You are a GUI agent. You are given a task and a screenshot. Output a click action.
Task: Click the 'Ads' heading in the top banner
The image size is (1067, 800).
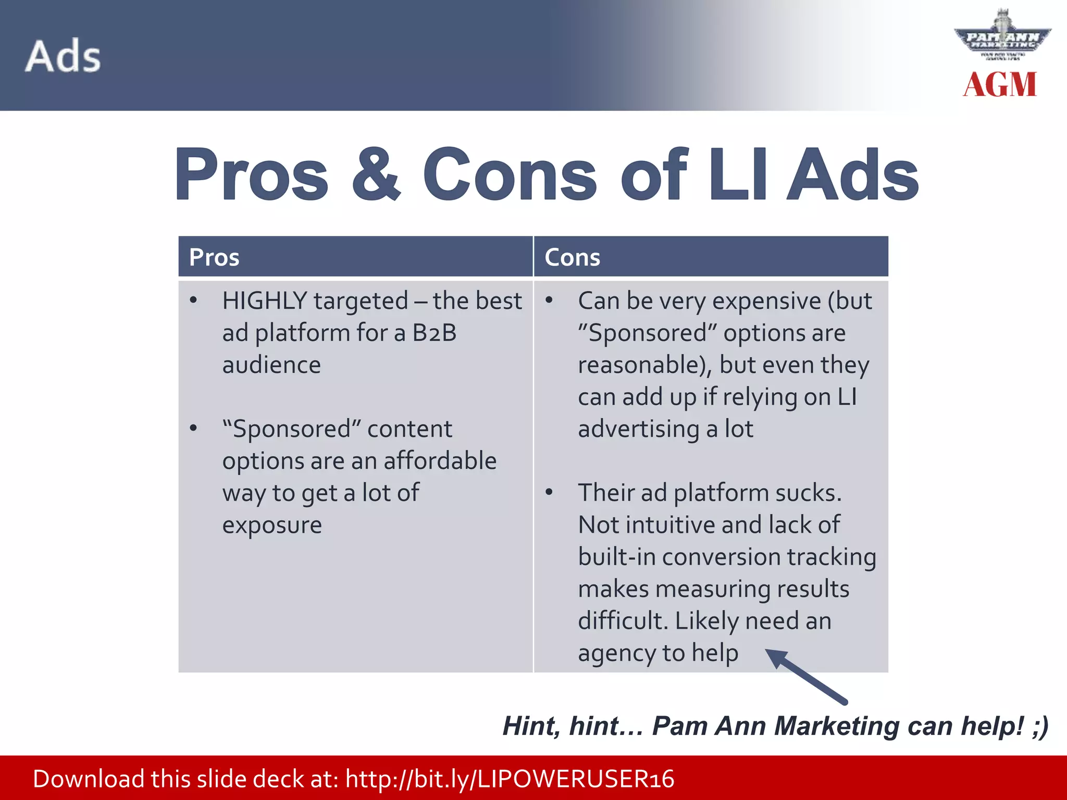(63, 56)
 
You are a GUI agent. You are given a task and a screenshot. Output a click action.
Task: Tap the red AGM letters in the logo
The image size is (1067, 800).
(999, 85)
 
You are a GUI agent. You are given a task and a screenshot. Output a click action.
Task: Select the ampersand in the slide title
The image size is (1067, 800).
(376, 174)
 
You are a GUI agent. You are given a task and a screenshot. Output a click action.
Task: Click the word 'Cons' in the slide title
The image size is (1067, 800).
(510, 174)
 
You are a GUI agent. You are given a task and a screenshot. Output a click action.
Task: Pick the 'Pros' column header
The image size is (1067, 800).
(214, 257)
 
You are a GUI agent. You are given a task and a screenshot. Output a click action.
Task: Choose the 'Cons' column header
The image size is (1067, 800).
(572, 257)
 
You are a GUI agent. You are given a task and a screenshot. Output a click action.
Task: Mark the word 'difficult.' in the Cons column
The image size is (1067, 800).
(623, 621)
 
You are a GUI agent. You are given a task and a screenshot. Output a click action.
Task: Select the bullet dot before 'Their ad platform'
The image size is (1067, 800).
(549, 492)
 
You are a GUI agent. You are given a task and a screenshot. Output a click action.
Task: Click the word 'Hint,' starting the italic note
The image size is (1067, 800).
(531, 726)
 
